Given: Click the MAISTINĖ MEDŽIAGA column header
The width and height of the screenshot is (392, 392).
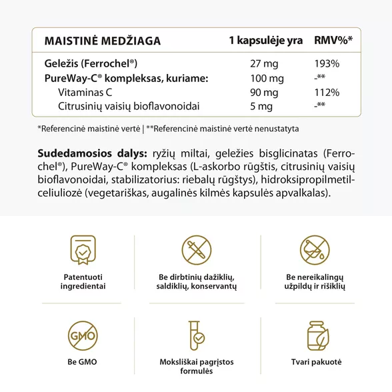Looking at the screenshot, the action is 103,41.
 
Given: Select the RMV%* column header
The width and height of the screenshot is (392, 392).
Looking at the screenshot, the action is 333,41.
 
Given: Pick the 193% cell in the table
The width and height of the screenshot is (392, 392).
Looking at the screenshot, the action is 327,64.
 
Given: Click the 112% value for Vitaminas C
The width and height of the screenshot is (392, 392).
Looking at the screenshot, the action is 327,93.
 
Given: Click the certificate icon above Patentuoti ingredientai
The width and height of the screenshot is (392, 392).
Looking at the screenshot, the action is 83,250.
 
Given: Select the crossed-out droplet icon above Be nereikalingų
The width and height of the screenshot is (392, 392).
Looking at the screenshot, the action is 315,250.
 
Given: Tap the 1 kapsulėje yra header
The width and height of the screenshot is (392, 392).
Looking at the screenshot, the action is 265,41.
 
